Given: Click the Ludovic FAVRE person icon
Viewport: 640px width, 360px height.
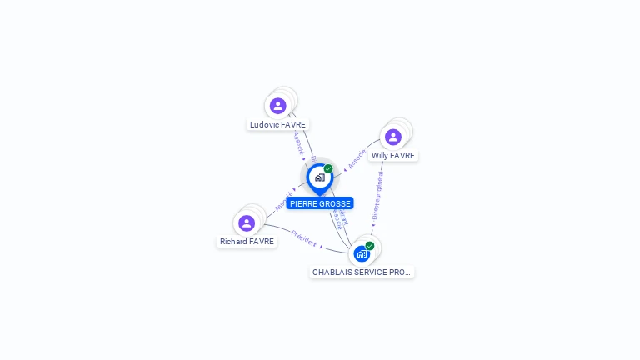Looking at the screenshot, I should click(x=277, y=106).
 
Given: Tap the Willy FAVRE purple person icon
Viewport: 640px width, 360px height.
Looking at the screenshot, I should click(x=393, y=137).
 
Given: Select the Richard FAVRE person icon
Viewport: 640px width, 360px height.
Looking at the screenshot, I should click(x=247, y=223).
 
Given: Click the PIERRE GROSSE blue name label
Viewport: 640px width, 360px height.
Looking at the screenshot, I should click(x=320, y=203).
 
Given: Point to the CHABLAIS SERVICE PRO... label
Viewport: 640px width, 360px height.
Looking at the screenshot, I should click(x=362, y=272).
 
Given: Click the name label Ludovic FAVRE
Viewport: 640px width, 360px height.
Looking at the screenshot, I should click(x=277, y=125).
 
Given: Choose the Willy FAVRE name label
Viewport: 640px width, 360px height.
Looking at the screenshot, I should click(x=393, y=156).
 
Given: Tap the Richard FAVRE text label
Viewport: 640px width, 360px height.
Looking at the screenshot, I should click(x=247, y=242).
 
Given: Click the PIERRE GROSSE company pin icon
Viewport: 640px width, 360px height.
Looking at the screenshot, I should click(x=319, y=177).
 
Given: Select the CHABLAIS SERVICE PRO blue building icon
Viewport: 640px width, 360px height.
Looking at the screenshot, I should click(x=361, y=253).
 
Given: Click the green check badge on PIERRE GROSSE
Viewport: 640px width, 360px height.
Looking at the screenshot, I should click(x=328, y=168).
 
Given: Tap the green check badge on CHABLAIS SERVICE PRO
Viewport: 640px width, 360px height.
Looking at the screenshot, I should click(x=370, y=245).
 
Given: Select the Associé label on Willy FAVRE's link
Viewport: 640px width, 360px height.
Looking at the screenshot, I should click(x=357, y=158).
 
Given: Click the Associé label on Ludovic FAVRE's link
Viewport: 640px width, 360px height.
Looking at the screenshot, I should click(x=298, y=142).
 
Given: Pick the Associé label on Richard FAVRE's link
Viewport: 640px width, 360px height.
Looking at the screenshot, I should click(x=283, y=201).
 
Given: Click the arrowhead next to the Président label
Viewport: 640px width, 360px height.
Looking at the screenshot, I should click(x=322, y=247).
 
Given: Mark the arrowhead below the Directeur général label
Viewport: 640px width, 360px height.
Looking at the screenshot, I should click(x=373, y=224).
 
